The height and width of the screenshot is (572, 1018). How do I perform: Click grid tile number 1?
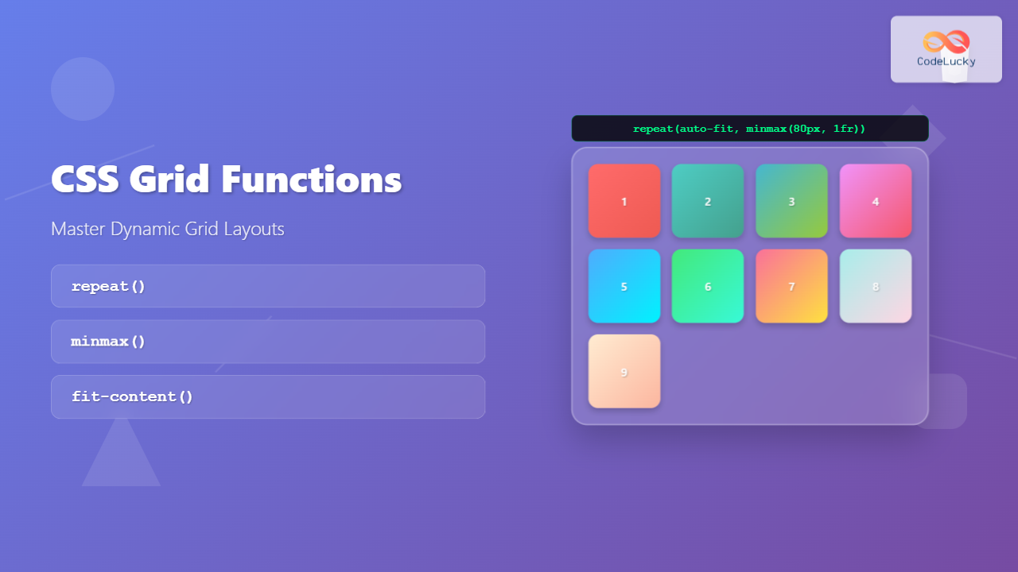[624, 201]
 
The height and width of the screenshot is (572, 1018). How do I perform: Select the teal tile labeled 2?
[708, 201]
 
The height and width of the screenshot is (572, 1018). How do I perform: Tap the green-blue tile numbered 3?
[791, 201]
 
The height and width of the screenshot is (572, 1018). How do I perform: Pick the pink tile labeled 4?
[876, 201]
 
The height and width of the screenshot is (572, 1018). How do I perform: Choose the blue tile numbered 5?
[624, 286]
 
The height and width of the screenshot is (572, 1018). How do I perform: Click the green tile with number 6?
[708, 286]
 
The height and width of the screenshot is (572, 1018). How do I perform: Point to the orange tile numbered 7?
[791, 286]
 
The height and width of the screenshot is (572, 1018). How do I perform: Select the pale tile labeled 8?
[876, 286]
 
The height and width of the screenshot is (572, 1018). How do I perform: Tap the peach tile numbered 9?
[624, 371]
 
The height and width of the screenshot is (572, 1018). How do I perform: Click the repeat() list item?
[268, 286]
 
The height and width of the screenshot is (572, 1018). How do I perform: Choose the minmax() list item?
[268, 342]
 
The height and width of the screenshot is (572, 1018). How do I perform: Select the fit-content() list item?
[268, 396]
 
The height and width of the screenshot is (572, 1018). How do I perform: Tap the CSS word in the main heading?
[84, 180]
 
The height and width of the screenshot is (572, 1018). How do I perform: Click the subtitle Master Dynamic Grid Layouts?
[168, 229]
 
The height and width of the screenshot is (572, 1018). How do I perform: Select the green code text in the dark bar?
[749, 129]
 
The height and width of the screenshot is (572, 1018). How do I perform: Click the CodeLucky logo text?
[946, 61]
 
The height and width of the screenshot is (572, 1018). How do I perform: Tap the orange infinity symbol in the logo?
[946, 42]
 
